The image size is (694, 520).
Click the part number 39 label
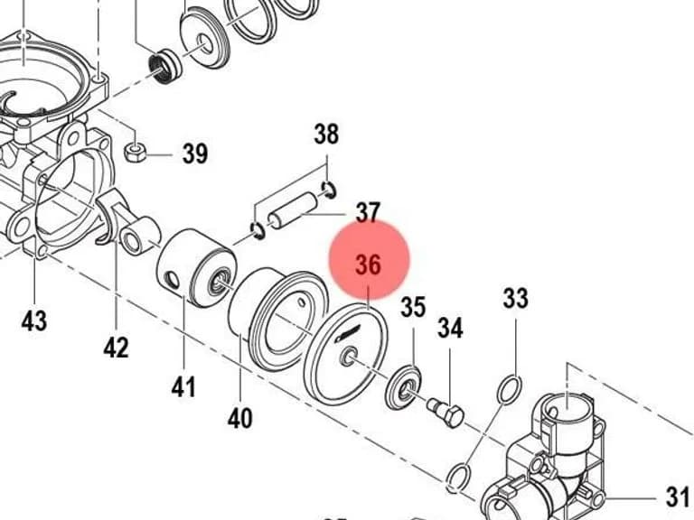click(x=195, y=153)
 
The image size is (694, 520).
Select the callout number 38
click(x=326, y=134)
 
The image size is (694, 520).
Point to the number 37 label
click(x=369, y=213)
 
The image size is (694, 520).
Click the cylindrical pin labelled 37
click(x=293, y=210)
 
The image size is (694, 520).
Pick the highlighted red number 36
click(x=369, y=265)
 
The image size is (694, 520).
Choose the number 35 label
click(x=413, y=306)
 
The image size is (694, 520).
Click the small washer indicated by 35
click(x=404, y=387)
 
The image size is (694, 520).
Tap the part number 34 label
click(x=450, y=328)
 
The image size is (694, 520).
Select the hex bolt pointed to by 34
click(x=446, y=412)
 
